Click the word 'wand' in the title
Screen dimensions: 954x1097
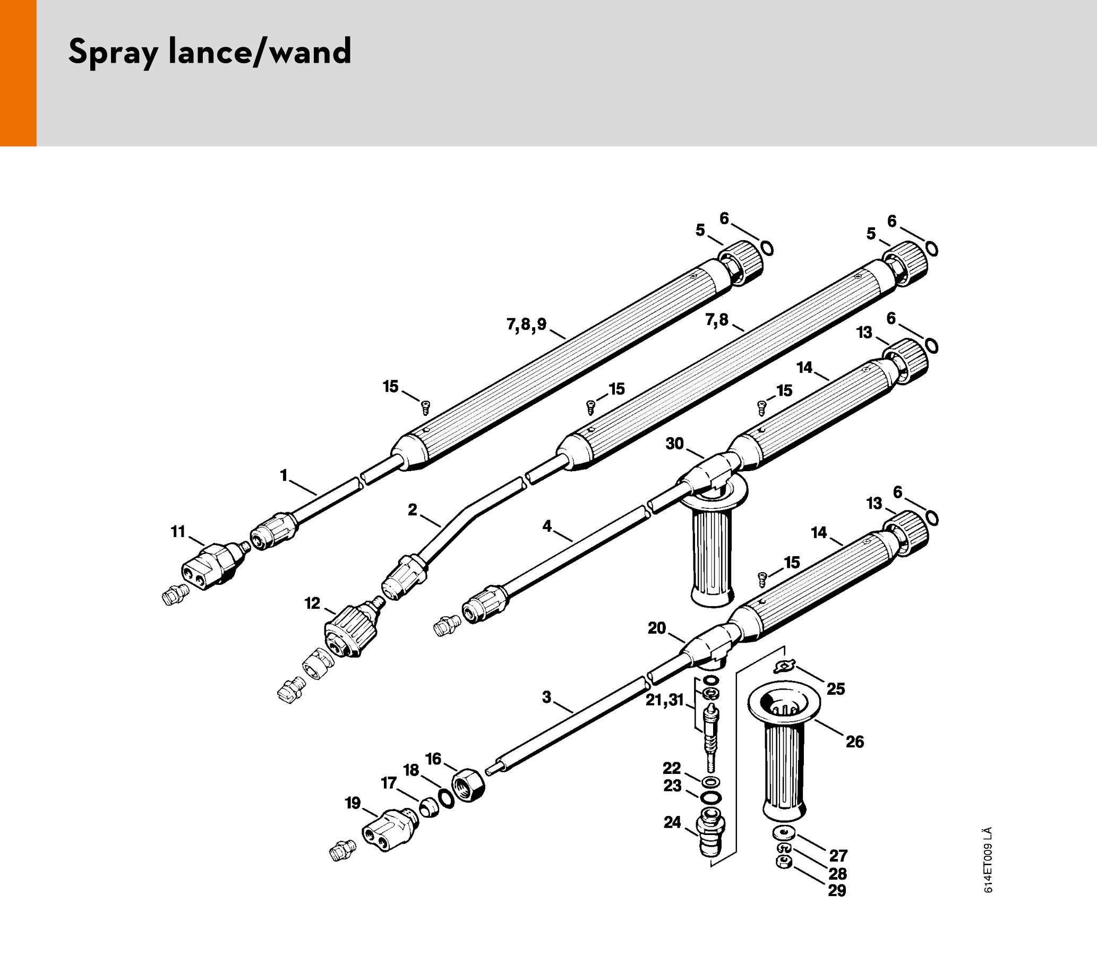point(310,52)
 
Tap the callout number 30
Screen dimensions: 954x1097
point(674,444)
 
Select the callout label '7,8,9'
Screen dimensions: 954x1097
point(526,324)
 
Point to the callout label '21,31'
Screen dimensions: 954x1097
point(664,700)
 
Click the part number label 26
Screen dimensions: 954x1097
point(855,742)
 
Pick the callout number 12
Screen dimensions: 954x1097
point(312,603)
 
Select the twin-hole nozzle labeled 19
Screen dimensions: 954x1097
point(389,829)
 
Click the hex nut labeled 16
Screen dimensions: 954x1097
point(468,785)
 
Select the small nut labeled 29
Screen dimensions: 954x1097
point(783,863)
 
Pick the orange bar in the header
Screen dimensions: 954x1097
point(18,73)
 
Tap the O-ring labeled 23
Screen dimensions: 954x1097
point(710,797)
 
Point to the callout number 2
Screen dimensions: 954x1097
point(413,509)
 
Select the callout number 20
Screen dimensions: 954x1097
point(657,628)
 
